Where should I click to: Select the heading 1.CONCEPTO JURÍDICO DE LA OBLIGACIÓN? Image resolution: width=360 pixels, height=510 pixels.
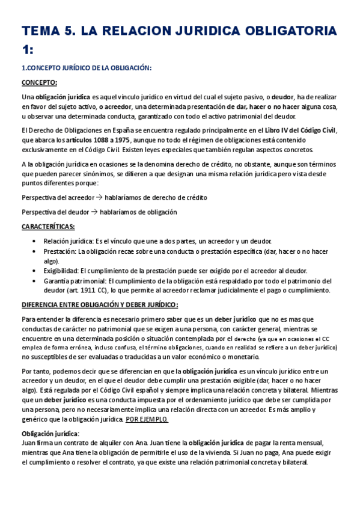[x=87, y=68]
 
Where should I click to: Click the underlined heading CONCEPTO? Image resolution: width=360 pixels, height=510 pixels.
[x=40, y=82]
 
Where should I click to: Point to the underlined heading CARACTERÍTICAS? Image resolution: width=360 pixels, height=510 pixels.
[x=48, y=227]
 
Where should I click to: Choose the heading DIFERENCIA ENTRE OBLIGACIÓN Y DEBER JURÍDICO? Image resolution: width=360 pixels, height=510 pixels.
[x=99, y=304]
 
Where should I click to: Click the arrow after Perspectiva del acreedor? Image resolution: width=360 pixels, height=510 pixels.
[x=100, y=197]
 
